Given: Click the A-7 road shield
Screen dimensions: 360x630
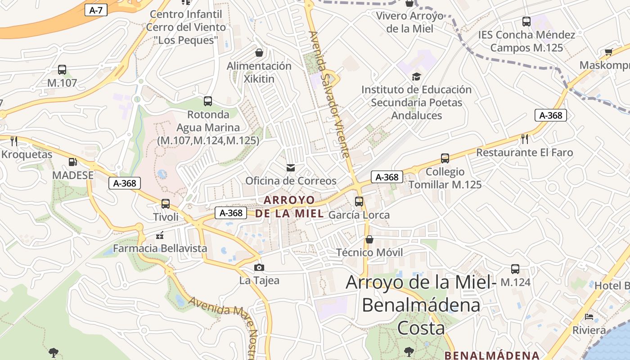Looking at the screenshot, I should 96,10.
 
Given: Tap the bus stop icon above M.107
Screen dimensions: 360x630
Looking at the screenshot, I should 62,70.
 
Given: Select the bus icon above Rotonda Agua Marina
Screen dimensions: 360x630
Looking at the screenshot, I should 207,101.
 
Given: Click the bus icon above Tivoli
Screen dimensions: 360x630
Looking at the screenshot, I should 166,203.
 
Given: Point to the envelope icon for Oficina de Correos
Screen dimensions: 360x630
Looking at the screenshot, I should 291,168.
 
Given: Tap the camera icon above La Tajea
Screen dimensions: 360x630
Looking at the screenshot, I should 259,268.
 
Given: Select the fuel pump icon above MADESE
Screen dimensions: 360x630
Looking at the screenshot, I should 72,162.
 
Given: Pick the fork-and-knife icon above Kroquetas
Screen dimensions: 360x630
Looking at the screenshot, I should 14,141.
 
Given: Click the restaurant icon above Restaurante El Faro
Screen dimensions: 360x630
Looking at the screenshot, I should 524,139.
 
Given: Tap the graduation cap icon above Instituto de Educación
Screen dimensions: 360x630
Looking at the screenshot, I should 416,76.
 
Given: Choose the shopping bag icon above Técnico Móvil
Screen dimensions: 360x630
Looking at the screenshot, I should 369,239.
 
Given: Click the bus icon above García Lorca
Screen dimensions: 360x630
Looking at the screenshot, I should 359,201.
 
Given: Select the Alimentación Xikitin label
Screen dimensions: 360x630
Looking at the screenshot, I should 259,72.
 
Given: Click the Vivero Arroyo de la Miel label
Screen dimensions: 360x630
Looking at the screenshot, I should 410,22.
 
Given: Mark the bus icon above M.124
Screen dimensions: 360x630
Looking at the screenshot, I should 515,269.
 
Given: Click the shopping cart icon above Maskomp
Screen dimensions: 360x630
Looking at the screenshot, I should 609,52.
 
